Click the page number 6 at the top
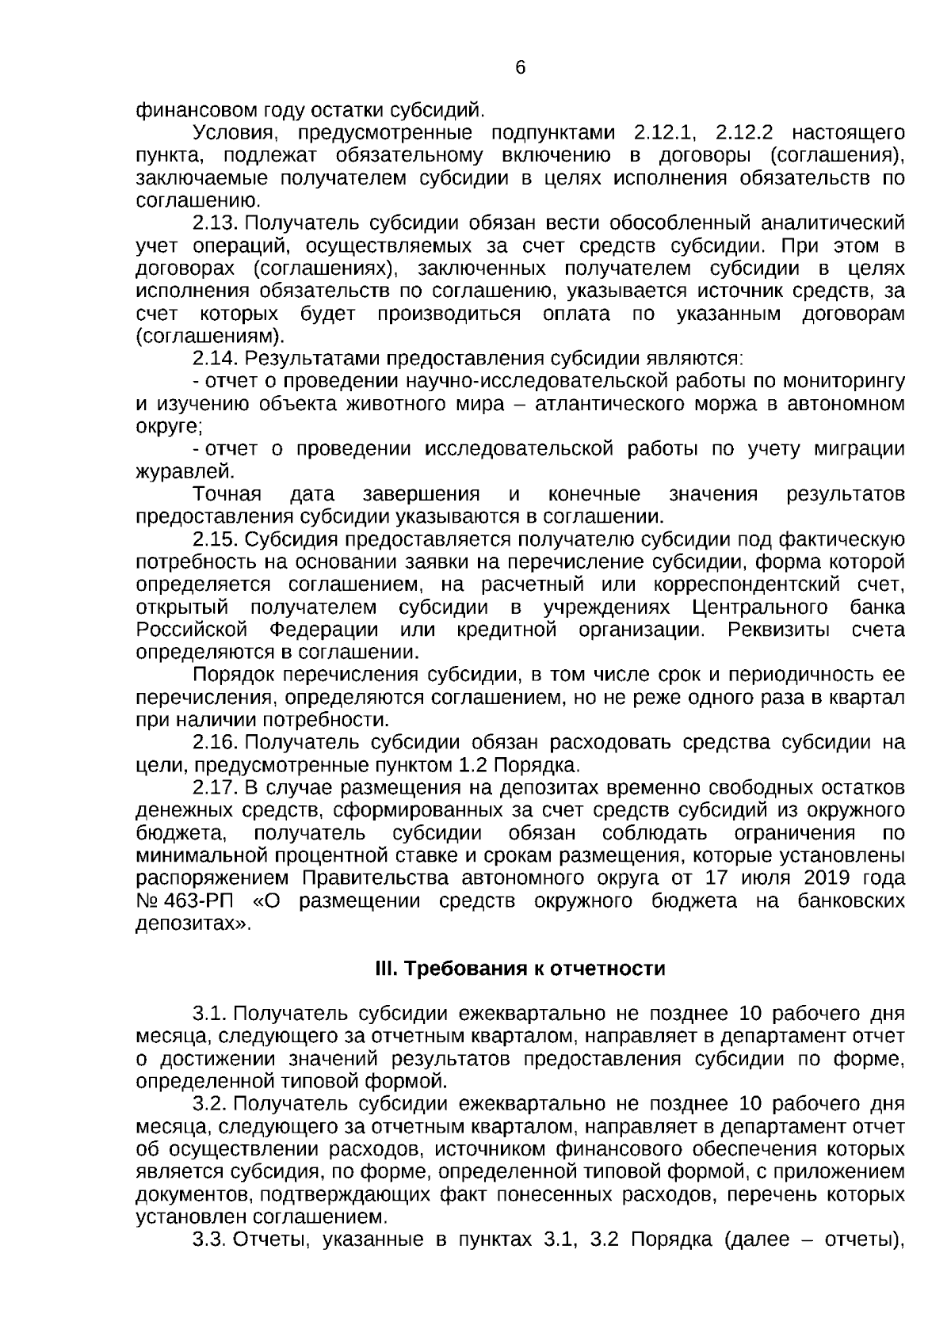[x=520, y=68]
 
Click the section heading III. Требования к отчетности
[x=519, y=969]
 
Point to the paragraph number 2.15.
[x=215, y=540]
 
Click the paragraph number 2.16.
[x=215, y=743]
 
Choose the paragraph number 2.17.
[x=215, y=788]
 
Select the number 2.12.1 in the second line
[x=663, y=131]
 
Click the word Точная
[x=227, y=495]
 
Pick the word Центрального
[x=760, y=608]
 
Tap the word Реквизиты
[x=779, y=630]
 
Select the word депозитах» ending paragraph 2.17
[x=194, y=923]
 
